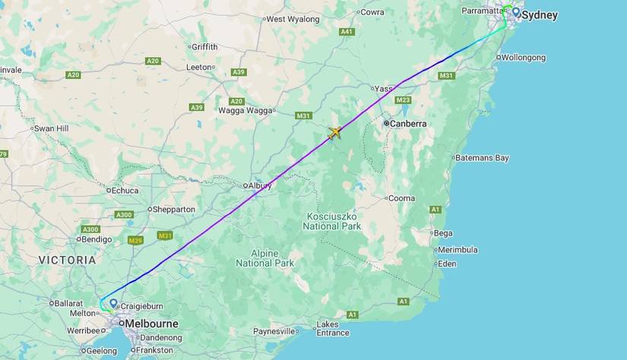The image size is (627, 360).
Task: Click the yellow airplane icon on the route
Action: point(334,133)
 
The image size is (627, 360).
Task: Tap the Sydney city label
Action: point(540,15)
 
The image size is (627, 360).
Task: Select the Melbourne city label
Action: point(151,324)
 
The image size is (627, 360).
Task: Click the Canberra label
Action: point(407,123)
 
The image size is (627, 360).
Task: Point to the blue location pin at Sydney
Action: point(516,12)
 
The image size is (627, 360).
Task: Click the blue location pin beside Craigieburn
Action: point(113,304)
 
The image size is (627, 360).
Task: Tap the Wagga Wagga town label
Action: point(245,110)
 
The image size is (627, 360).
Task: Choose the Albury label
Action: point(259,185)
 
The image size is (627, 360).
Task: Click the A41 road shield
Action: point(347,32)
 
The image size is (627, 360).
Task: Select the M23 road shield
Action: point(403,100)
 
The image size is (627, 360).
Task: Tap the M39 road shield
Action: point(136,241)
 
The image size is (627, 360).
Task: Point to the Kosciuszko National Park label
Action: point(331,221)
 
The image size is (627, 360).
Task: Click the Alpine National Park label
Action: point(264,258)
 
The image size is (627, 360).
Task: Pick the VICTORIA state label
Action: point(68,260)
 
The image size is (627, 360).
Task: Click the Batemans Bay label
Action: point(482,158)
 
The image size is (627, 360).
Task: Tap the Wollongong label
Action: point(524,58)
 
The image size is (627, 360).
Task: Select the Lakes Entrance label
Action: point(334,329)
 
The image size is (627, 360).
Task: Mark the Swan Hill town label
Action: point(51,128)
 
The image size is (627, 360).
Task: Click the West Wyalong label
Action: point(293,19)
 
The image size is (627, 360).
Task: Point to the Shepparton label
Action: point(174,210)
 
